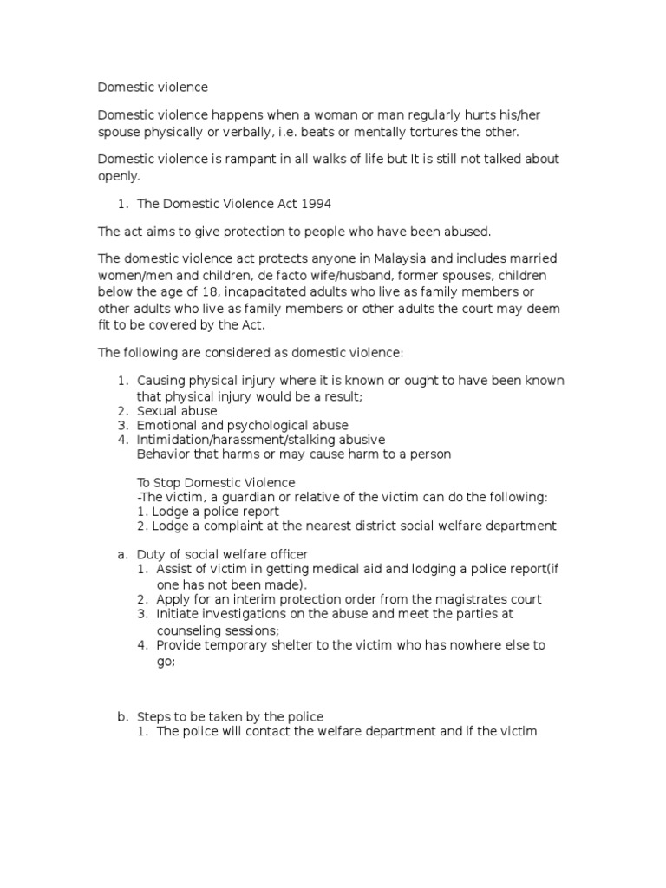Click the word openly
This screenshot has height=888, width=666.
tap(118, 176)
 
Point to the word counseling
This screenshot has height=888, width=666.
tap(193, 630)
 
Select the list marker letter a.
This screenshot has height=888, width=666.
tap(121, 554)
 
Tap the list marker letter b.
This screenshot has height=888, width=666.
tap(121, 716)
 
